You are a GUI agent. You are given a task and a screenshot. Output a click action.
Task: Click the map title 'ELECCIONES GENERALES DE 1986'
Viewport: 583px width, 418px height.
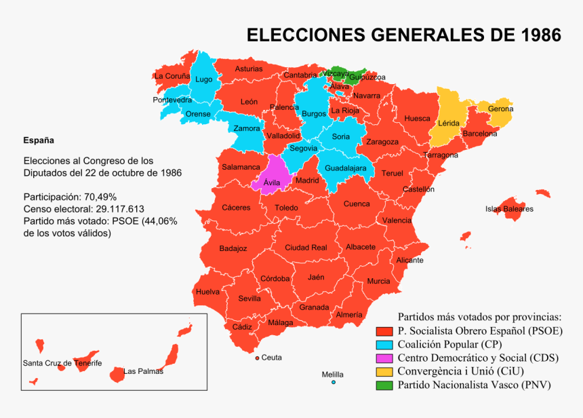[x=403, y=35]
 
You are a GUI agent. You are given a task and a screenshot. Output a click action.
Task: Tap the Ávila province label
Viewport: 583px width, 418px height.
[x=271, y=183]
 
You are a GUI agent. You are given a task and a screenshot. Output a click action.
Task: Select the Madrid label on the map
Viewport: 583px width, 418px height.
[x=307, y=180]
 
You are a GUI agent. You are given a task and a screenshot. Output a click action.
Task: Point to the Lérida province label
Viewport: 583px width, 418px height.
[x=449, y=123]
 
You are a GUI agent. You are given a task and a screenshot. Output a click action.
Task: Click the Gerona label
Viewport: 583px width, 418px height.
[x=500, y=109]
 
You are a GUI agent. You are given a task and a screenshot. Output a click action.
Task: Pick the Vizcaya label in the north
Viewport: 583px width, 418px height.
[x=336, y=73]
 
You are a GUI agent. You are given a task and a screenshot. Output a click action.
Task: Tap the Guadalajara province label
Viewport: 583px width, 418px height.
[x=346, y=168]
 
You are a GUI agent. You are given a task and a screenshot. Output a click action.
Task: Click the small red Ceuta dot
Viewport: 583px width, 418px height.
[x=257, y=358]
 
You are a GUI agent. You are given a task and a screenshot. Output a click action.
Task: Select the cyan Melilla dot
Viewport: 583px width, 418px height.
[x=334, y=383]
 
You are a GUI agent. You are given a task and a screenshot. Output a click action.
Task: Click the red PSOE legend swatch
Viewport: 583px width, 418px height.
[x=385, y=331]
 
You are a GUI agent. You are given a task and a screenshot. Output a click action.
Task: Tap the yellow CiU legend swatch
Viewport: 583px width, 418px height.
[x=385, y=372]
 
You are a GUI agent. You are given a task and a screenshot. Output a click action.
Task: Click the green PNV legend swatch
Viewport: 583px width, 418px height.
[x=385, y=385]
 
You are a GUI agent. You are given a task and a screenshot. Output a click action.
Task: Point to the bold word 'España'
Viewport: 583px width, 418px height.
[x=39, y=140]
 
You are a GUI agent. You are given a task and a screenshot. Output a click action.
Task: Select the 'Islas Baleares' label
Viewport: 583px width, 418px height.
[x=509, y=209]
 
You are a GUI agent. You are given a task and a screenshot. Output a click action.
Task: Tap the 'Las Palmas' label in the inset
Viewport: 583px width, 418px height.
[x=143, y=371]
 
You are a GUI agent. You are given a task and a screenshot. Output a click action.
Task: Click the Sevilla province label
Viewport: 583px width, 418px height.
[x=249, y=299]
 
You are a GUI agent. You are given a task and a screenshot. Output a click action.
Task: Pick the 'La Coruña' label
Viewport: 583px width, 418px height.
[x=172, y=77]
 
